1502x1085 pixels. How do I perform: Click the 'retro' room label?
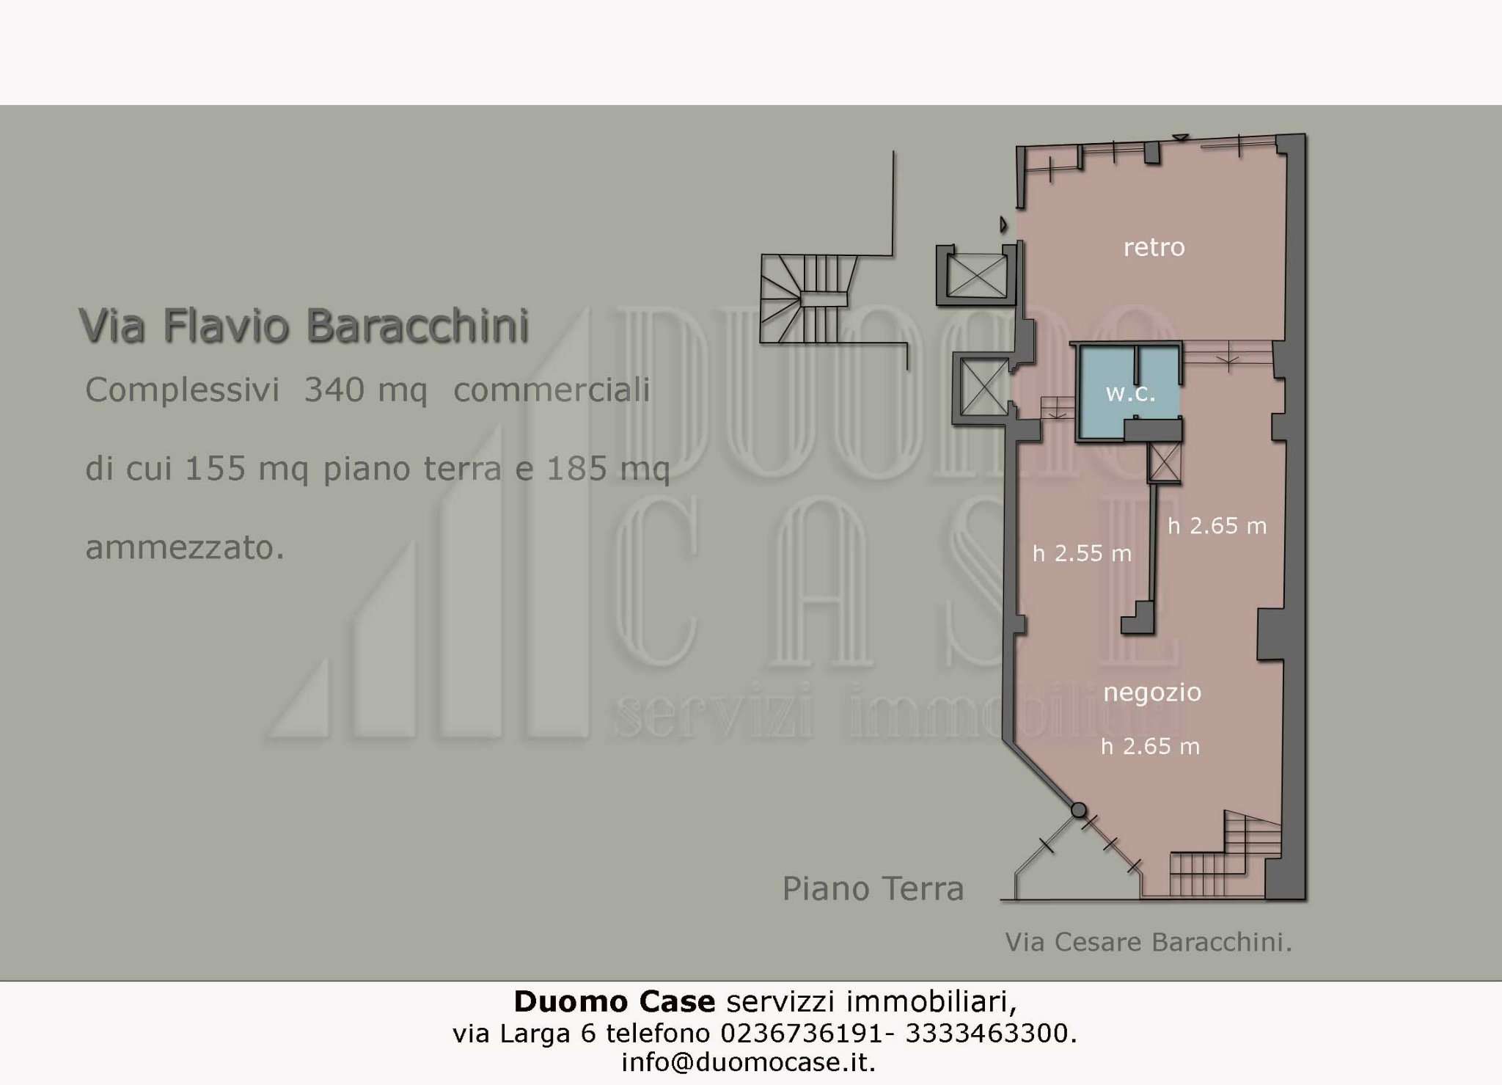tap(1154, 247)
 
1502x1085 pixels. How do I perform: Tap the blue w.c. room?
tap(1130, 393)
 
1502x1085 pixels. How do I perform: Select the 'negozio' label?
tap(1152, 692)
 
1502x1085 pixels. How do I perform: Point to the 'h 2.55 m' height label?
tap(1082, 553)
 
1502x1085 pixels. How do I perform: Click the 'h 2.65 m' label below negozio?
tap(1150, 747)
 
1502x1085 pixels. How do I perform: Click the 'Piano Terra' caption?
tap(873, 888)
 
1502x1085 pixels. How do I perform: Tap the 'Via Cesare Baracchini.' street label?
tap(1148, 942)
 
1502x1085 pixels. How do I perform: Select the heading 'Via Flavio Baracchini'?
tap(304, 326)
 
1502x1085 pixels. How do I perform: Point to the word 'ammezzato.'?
tap(185, 547)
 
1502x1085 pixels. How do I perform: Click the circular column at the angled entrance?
tap(1079, 810)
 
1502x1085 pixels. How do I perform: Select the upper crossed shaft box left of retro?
tap(977, 276)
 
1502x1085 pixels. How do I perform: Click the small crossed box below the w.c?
tap(1165, 462)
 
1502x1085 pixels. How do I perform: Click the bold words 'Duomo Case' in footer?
tap(614, 1001)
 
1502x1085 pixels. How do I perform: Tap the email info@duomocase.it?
tap(748, 1062)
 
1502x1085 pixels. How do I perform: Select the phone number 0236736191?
tap(802, 1033)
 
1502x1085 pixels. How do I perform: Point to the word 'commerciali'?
tap(552, 390)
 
